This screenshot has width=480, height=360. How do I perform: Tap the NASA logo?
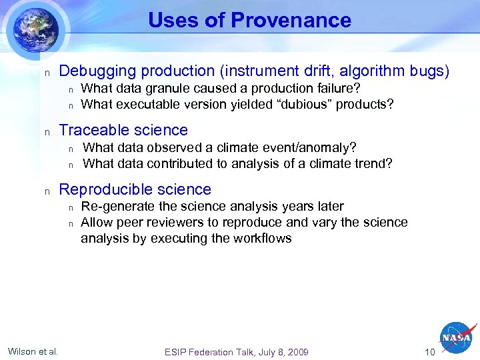click(457, 339)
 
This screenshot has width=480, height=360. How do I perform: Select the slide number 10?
click(429, 351)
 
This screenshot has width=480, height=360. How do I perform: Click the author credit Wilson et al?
click(33, 351)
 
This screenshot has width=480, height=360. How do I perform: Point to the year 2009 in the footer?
click(297, 351)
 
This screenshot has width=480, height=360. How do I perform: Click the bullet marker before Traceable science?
click(47, 131)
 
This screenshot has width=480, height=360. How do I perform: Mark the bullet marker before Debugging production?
click(47, 73)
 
